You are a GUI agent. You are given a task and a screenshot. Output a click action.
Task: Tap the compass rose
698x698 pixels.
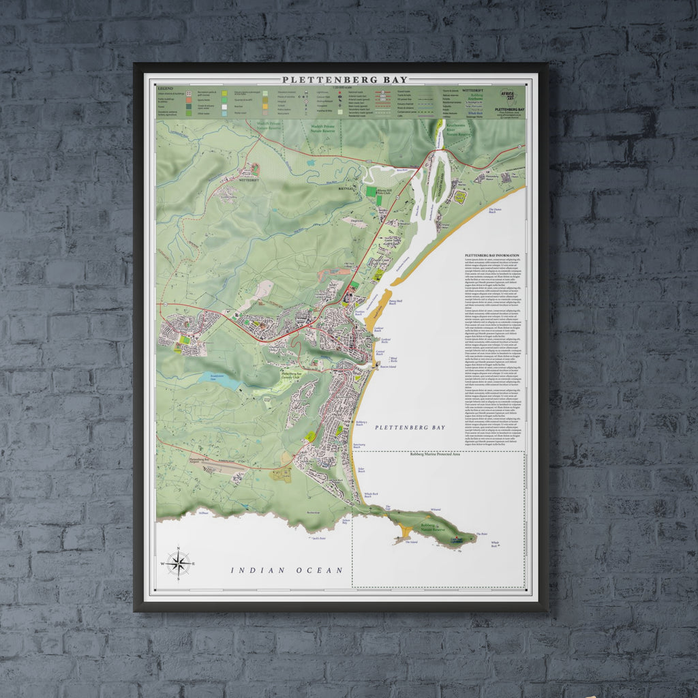(178, 563)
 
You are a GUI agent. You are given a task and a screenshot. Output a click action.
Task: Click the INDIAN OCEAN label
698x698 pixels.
(286, 570)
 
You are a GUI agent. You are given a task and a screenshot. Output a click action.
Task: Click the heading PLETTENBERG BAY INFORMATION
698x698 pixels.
(491, 256)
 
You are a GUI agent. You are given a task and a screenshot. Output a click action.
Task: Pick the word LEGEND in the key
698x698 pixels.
(165, 89)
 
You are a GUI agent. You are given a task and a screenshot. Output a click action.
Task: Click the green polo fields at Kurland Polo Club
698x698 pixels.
(370, 192)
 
